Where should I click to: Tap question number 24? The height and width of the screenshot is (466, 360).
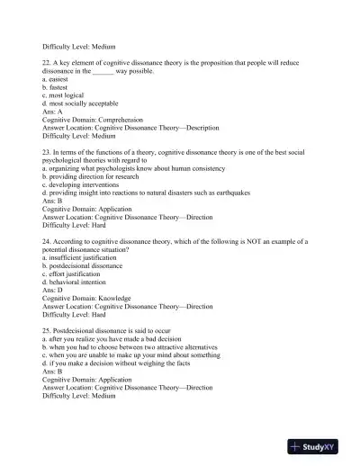click(47, 240)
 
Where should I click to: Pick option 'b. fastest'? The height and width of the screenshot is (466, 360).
click(56, 86)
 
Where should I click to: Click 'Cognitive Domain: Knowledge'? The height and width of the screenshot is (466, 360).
click(86, 298)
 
